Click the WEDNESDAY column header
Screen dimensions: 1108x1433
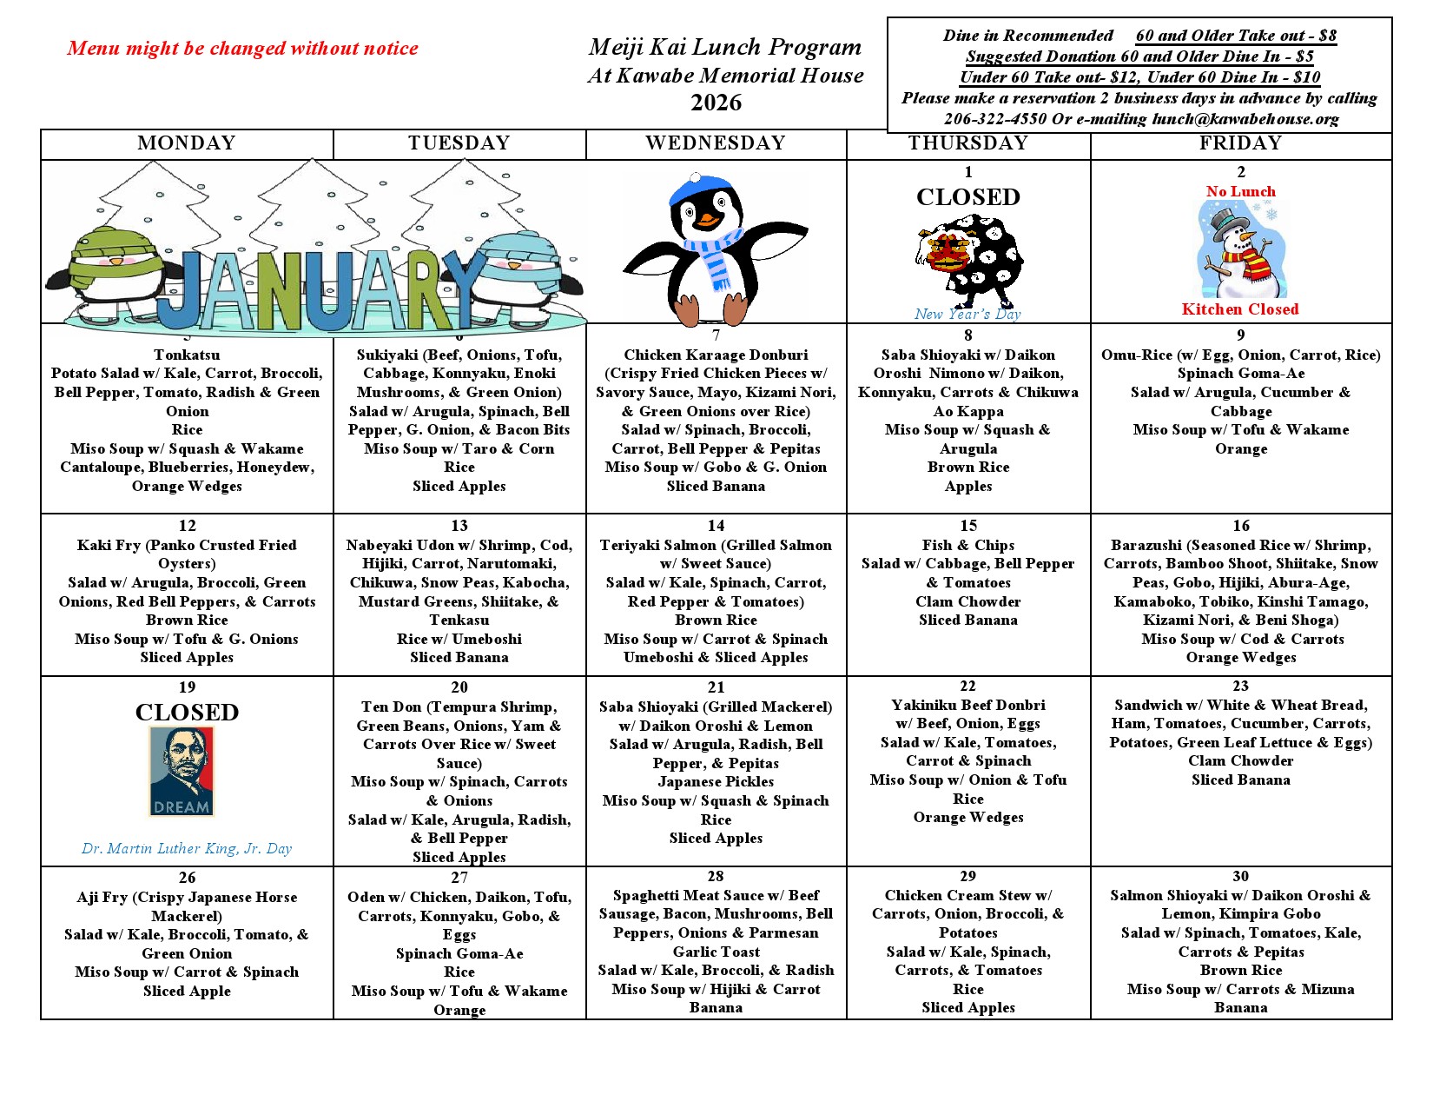point(716,143)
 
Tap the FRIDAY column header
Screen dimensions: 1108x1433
point(1240,143)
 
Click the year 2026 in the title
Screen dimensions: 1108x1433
point(716,103)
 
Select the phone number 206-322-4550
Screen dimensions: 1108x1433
point(994,119)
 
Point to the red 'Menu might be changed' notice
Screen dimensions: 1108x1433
point(242,49)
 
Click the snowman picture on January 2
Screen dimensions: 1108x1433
point(1240,249)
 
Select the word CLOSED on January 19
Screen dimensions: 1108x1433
point(187,713)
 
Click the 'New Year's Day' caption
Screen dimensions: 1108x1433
point(967,314)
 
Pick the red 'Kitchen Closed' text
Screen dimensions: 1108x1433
point(1239,309)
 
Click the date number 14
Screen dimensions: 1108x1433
point(716,526)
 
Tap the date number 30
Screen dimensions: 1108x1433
point(1240,876)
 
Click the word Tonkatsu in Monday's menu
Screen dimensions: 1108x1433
point(187,355)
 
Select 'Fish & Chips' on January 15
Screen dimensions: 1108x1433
point(967,545)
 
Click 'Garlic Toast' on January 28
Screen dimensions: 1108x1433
point(716,952)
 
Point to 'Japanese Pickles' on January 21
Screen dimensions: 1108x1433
point(716,781)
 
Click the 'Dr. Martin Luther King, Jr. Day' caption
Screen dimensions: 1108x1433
point(187,848)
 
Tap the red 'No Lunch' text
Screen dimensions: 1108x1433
point(1240,191)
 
